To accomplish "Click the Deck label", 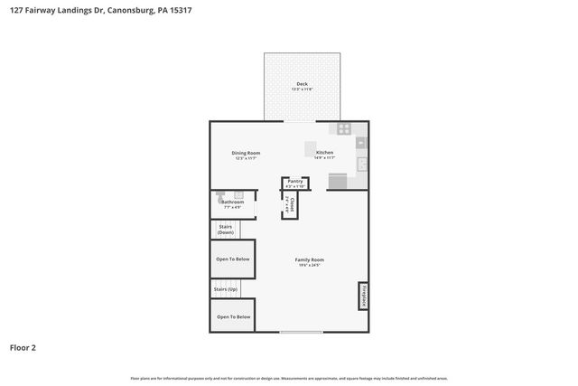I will pos(302,84).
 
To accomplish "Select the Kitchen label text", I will pos(324,153).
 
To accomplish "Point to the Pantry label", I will pos(295,182).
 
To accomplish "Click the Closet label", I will pos(292,206).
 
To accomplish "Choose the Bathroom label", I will pos(233,202).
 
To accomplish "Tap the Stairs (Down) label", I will pos(226,230).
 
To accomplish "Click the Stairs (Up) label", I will pos(226,289).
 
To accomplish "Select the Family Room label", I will pos(309,259).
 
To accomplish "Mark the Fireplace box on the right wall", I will pos(363,296).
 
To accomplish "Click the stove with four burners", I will pos(344,128).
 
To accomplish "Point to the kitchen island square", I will pos(310,149).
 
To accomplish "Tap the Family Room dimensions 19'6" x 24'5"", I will pos(309,266).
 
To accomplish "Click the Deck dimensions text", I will pos(302,89).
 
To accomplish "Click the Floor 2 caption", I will pos(23,347).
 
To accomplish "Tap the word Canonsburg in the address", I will pos(117,10).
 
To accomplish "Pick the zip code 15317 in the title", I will pos(178,10).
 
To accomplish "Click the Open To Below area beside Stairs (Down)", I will pos(233,259).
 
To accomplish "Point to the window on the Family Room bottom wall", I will pos(300,332).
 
